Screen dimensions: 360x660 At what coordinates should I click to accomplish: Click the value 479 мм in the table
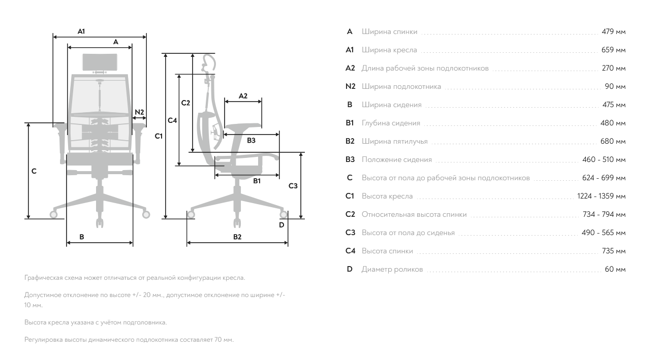point(613,32)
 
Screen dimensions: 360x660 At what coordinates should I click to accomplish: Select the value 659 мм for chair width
point(613,50)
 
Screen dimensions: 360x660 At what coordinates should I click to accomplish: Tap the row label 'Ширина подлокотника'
point(401,87)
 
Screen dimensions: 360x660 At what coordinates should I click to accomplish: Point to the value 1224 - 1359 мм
point(601,197)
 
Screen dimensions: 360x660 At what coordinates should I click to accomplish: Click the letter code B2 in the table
point(350,142)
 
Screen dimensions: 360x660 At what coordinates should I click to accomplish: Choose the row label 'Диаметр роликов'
point(392,270)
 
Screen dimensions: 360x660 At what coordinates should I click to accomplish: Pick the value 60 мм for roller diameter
point(615,270)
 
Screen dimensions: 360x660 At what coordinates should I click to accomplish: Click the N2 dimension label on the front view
point(139,112)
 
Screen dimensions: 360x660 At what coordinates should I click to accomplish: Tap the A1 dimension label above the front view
point(81,31)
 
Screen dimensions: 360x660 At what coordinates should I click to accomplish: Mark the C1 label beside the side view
point(159,136)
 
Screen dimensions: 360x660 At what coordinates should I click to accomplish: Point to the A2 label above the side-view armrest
point(243,95)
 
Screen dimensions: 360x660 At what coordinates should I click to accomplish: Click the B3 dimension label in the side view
point(251,141)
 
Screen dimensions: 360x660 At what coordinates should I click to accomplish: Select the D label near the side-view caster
point(281,225)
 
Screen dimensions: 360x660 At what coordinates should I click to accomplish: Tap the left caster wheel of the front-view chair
point(53,214)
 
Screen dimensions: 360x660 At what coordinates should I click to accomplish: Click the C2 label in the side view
point(185,103)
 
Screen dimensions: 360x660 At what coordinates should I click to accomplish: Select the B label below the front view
point(81,237)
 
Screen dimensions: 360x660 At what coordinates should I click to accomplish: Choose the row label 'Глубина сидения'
point(391,123)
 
